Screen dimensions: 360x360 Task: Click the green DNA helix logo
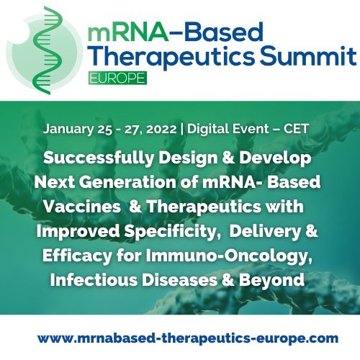pyautogui.click(x=48, y=45)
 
